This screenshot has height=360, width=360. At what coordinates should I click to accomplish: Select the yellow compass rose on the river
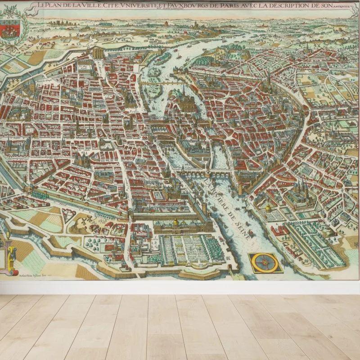(265, 263)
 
